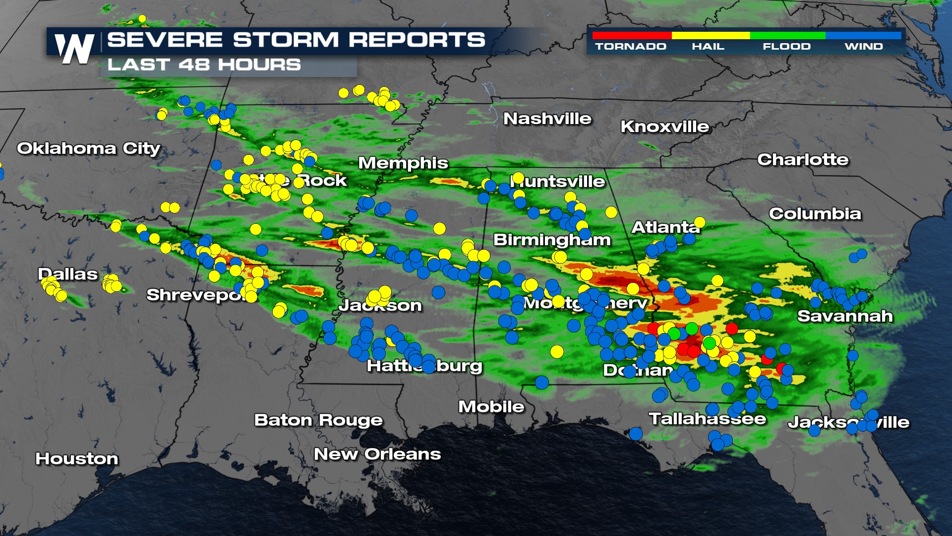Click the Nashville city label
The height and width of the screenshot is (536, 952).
pos(547,119)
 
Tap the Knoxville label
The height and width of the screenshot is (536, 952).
pos(664,127)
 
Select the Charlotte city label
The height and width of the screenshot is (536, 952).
pos(803,159)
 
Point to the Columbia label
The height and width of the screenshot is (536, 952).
pos(815,213)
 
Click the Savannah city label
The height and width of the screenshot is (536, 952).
pos(845,316)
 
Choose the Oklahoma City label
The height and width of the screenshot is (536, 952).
pos(89,148)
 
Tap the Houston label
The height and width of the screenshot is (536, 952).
pos(77,459)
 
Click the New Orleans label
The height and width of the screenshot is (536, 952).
pos(377,454)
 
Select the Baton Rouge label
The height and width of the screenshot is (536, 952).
pos(318,420)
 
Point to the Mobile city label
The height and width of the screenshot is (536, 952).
pos(491,406)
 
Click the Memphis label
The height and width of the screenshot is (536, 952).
pos(403,163)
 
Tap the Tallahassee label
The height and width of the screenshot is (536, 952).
pos(708,419)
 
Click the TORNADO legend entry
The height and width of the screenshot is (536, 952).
pos(631,46)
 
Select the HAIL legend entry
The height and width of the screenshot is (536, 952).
pos(708,46)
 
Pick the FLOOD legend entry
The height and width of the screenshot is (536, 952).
pos(786,46)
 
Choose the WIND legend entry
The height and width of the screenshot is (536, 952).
pos(864,46)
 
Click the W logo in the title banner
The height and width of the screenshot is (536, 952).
pos(74,49)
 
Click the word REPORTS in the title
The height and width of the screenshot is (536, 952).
pos(416,40)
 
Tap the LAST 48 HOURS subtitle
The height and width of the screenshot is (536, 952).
pos(204,65)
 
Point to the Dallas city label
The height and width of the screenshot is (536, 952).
pos(68,274)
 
